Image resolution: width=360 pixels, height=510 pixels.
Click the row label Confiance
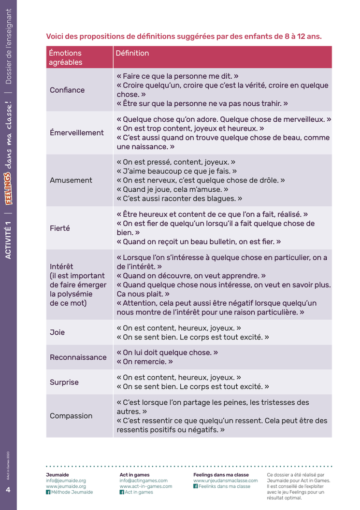pyautogui.click(x=67, y=90)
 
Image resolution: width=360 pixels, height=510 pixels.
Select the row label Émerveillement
pyautogui.click(x=77, y=133)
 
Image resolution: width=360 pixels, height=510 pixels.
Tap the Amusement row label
pyautogui.click(x=71, y=181)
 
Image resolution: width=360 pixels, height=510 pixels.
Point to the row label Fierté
pyautogui.click(x=60, y=228)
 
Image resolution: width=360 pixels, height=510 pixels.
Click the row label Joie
pyautogui.click(x=57, y=332)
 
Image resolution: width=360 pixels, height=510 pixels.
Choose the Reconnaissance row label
pyautogui.click(x=78, y=357)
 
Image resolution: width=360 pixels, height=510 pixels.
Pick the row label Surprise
pyautogui.click(x=64, y=382)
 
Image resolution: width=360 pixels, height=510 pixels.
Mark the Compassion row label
pyautogui.click(x=71, y=416)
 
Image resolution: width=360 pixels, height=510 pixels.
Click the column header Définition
pyautogui.click(x=132, y=53)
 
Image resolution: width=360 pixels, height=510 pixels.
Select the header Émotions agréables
pyautogui.click(x=66, y=57)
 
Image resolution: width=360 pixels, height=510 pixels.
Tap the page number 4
pyautogui.click(x=8, y=490)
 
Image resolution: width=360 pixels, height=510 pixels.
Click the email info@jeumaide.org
pyautogui.click(x=66, y=481)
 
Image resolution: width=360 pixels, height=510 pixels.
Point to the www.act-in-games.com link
pyautogui.click(x=146, y=486)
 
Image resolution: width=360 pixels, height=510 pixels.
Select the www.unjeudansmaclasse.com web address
pyautogui.click(x=226, y=481)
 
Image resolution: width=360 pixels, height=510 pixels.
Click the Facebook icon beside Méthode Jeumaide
pyautogui.click(x=48, y=492)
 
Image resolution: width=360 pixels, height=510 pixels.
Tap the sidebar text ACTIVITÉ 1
pyautogui.click(x=8, y=240)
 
